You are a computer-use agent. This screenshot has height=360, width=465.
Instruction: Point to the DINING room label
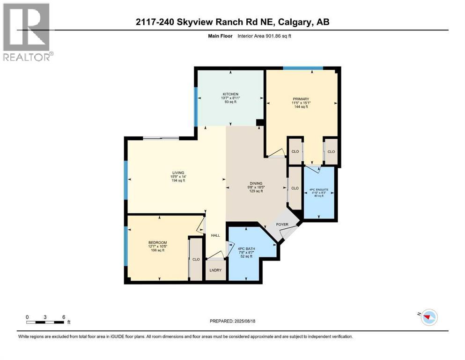point(256,183)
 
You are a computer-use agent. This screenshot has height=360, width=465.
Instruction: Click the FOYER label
point(282,225)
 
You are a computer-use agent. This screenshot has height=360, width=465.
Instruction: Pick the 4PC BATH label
point(245,248)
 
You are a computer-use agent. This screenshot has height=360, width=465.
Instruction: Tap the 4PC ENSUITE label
point(319,190)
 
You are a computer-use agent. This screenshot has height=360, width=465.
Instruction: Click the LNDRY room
point(215,270)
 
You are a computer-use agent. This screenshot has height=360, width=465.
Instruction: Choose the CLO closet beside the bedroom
point(196,259)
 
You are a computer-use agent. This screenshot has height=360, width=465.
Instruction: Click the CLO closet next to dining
point(295,188)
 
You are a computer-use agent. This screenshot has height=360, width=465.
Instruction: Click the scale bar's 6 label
point(63,316)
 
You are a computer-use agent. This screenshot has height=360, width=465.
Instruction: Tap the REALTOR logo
point(27,32)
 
